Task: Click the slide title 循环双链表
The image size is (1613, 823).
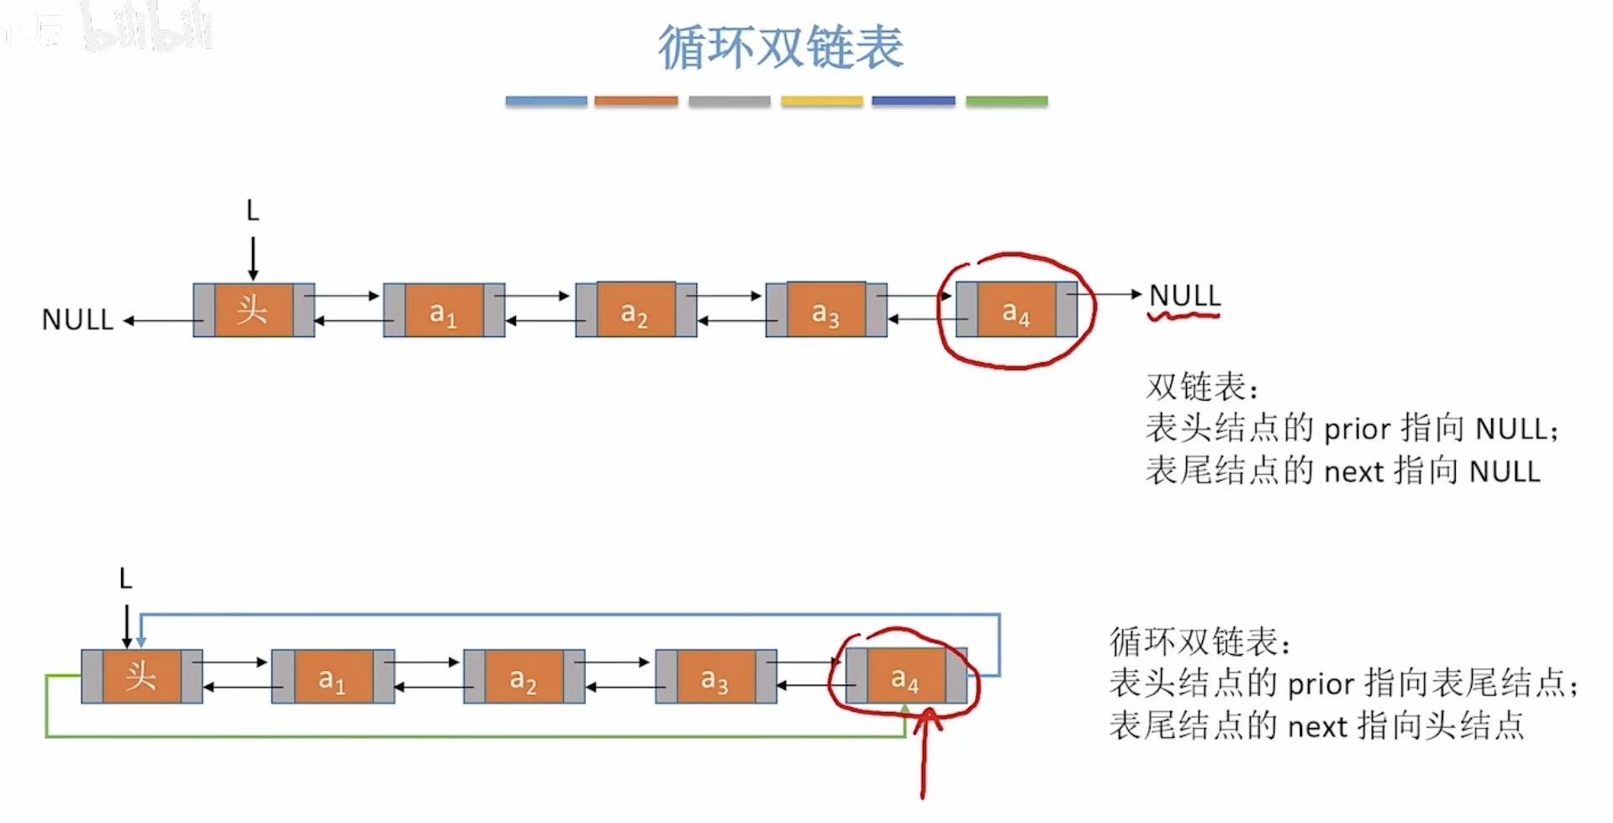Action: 780,47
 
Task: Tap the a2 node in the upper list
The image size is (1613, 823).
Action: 635,311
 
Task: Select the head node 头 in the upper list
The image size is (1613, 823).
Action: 253,311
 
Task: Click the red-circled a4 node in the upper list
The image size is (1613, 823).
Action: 1016,311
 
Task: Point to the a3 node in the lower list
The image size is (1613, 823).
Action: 715,677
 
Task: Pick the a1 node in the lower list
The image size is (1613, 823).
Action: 333,677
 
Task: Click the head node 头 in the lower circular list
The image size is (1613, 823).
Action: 141,677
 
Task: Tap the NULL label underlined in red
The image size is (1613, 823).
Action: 1184,296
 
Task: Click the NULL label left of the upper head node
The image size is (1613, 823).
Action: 77,320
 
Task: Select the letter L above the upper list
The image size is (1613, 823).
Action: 252,211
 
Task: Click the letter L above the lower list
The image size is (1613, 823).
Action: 125,579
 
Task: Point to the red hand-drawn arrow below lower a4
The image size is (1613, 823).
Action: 924,757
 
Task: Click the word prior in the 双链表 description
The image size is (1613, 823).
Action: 1357,430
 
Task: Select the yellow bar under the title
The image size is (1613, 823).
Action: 821,101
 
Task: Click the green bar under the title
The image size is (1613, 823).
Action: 1006,101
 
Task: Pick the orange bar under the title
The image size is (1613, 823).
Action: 635,101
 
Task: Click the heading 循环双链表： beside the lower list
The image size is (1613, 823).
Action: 1199,642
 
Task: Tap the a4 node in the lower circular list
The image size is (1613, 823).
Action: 906,677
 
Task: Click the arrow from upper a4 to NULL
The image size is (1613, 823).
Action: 1110,294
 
